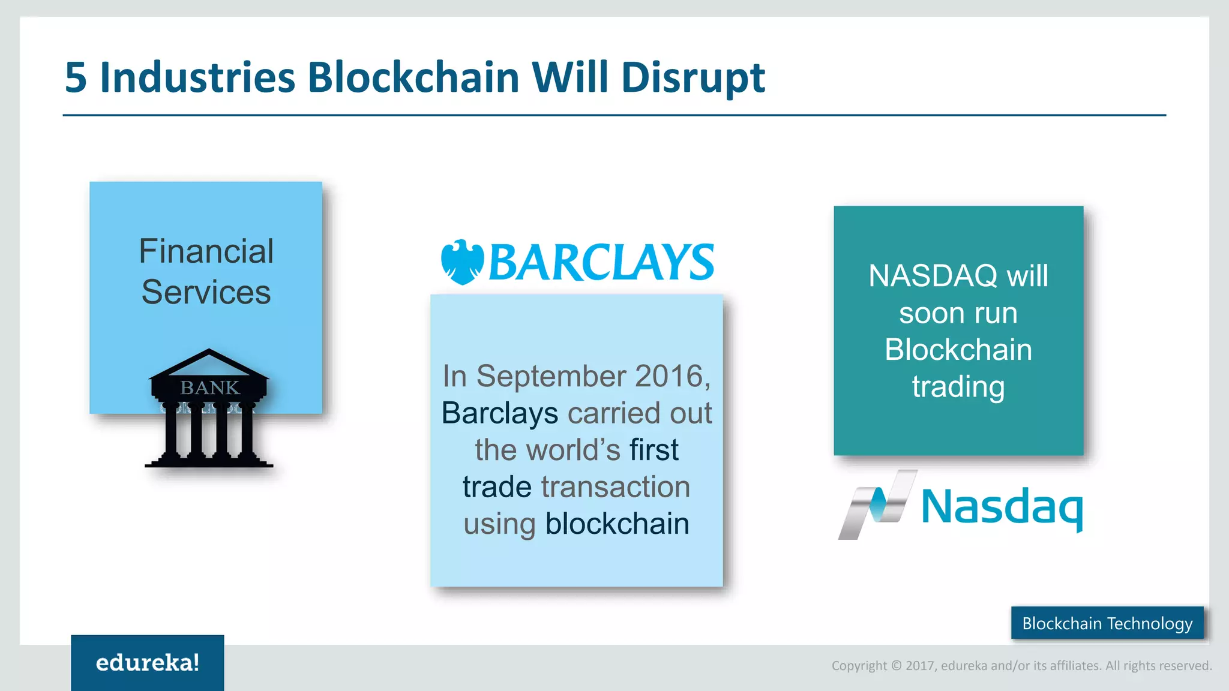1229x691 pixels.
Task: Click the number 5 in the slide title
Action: (76, 78)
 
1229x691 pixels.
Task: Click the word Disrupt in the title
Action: (693, 78)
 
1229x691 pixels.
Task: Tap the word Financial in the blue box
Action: (206, 251)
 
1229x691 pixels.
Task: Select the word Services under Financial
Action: (206, 292)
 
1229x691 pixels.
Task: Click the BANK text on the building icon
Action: (209, 387)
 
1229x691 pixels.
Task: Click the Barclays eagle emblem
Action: (461, 262)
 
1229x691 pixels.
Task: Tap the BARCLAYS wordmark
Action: (601, 263)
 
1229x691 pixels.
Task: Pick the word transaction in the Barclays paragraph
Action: (615, 486)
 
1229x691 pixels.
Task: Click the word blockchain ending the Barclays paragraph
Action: (617, 524)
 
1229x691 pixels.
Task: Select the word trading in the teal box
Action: (958, 386)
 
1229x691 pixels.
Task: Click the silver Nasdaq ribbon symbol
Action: (877, 504)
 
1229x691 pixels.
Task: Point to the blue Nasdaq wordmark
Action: (1002, 507)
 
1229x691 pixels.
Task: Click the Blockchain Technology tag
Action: (1107, 623)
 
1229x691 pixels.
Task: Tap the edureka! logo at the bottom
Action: (147, 663)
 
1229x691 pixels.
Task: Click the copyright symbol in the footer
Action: (896, 666)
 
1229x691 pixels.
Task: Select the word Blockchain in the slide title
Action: (413, 78)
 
